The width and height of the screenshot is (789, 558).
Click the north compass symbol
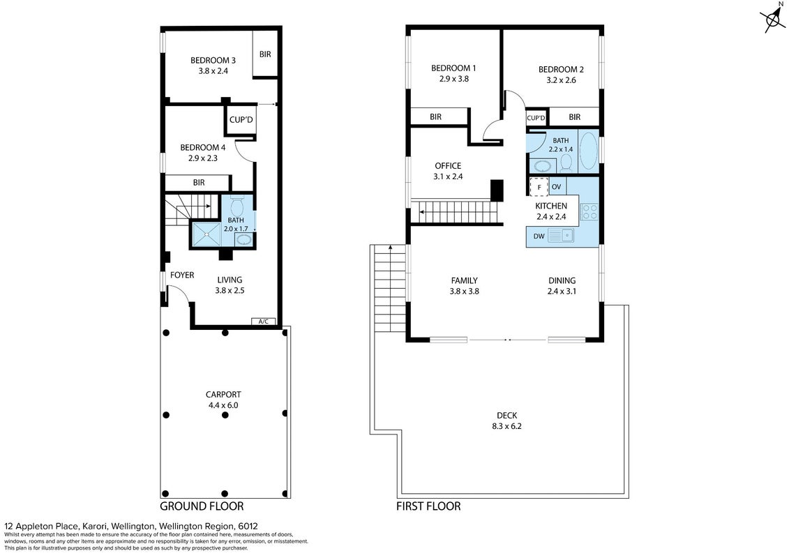click(774, 20)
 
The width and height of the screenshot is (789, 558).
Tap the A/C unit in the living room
click(263, 322)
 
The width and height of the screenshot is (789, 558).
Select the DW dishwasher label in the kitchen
click(539, 236)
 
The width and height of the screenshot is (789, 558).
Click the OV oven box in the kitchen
click(557, 186)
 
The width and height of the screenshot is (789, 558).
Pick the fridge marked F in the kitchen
click(539, 187)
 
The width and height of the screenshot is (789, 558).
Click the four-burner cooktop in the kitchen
click(589, 212)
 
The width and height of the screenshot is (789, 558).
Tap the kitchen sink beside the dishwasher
click(561, 235)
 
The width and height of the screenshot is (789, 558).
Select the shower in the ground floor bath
click(206, 234)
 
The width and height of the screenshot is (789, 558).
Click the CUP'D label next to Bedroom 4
click(241, 120)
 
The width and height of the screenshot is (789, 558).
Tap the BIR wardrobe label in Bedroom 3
click(265, 54)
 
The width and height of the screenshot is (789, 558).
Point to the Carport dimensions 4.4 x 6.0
click(223, 405)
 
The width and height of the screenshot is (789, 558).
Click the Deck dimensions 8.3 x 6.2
click(506, 426)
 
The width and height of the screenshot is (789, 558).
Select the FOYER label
click(181, 276)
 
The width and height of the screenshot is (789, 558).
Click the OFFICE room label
click(448, 165)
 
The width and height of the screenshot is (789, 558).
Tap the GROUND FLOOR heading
click(202, 506)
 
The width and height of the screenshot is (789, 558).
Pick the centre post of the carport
click(225, 415)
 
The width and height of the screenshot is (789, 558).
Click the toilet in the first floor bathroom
click(566, 163)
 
